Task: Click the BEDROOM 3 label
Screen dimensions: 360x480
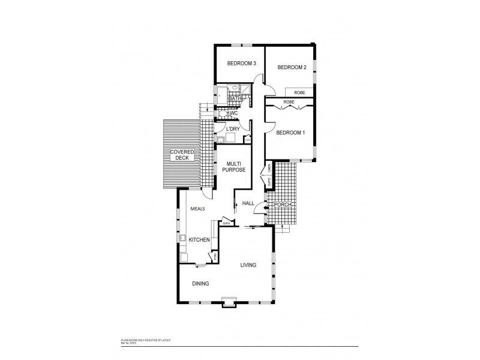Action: click(242, 64)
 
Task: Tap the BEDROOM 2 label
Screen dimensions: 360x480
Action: click(292, 68)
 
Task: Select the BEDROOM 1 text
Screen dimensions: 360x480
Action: click(290, 133)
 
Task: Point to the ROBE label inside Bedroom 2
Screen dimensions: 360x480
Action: click(299, 92)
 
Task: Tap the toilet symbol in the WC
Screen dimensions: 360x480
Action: click(221, 113)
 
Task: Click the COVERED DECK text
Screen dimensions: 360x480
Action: click(182, 155)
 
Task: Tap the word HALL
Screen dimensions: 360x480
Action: click(248, 204)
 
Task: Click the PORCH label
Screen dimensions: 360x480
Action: click(283, 205)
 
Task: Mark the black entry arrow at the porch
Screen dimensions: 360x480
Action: click(267, 208)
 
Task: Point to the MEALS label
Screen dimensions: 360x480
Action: click(198, 209)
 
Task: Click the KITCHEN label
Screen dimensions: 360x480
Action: click(199, 240)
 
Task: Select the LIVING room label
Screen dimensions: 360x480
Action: click(249, 265)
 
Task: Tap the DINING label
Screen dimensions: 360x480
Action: click(200, 284)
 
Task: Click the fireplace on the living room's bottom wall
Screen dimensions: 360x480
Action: click(229, 302)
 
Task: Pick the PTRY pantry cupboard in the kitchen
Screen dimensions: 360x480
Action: click(212, 256)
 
